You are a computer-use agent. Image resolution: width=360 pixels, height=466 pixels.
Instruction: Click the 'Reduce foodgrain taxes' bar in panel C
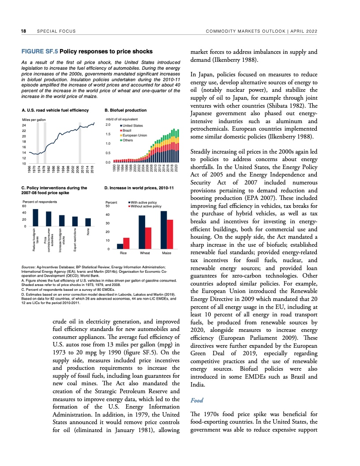point(36,218)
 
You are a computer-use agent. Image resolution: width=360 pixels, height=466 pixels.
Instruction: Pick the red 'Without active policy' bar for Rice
point(127,244)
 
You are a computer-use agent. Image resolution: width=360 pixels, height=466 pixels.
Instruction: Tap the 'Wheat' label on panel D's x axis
point(145,254)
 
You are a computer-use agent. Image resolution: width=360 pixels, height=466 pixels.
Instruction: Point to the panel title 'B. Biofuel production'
point(125,110)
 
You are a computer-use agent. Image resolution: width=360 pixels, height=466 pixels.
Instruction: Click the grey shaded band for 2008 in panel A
point(79,143)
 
